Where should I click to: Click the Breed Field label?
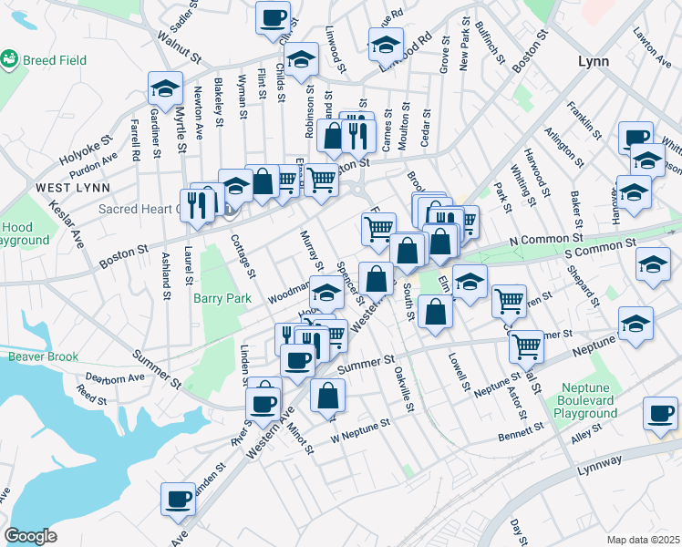[56, 61]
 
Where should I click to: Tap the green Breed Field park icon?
[11, 60]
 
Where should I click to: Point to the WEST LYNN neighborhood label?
[73, 187]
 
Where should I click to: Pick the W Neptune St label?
[360, 426]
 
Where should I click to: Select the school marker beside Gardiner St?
[165, 89]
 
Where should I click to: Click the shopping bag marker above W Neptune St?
[327, 396]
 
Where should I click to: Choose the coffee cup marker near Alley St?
[659, 413]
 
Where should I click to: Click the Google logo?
[31, 536]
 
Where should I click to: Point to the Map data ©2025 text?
[644, 540]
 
